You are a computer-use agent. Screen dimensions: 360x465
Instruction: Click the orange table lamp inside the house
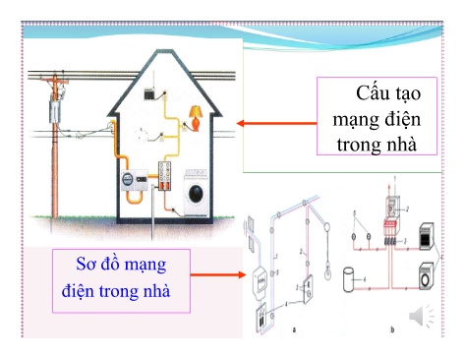pos(195,117)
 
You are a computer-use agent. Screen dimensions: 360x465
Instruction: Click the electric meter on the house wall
pos(128,182)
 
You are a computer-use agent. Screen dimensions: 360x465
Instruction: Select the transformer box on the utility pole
pos(54,111)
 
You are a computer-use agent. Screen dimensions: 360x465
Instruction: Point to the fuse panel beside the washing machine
pos(163,179)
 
